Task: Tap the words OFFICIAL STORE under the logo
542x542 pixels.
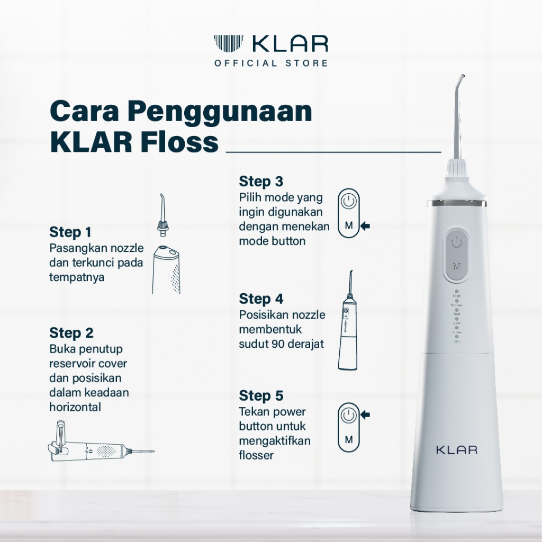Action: pyautogui.click(x=270, y=64)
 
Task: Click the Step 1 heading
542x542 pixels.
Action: pyautogui.click(x=70, y=232)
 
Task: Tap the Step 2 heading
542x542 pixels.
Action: pyautogui.click(x=71, y=333)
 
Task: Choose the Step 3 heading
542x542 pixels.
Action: pyautogui.click(x=261, y=182)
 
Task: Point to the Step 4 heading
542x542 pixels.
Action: pyautogui.click(x=261, y=299)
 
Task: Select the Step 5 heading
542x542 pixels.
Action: pyautogui.click(x=261, y=395)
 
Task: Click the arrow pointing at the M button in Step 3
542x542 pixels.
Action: pyautogui.click(x=365, y=226)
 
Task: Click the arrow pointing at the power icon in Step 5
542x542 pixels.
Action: pyautogui.click(x=365, y=414)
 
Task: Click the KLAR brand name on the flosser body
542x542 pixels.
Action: pyautogui.click(x=456, y=450)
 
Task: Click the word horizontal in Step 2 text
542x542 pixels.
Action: pyautogui.click(x=75, y=408)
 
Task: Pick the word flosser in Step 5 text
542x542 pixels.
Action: pyautogui.click(x=256, y=455)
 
